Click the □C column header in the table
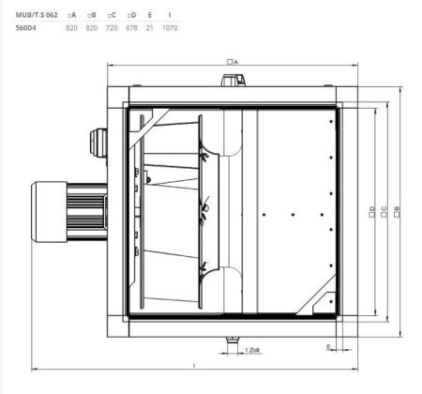coord(113,16)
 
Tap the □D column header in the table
coord(132,16)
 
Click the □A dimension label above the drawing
coord(231,61)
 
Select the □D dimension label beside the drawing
coord(372,214)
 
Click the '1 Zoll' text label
coord(252,349)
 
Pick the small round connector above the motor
coord(95,140)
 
